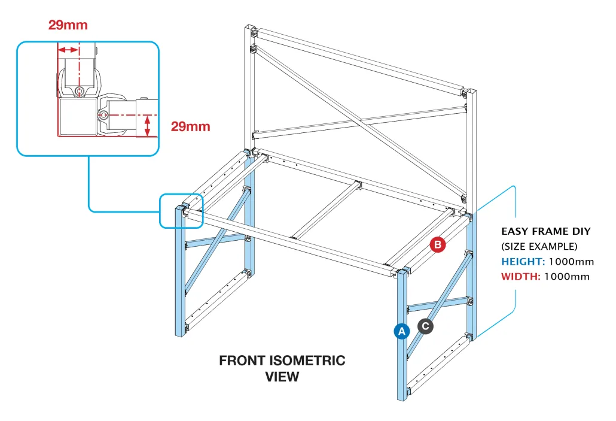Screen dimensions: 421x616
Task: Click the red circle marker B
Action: pyautogui.click(x=438, y=244)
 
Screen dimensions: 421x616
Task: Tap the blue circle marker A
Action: pyautogui.click(x=401, y=331)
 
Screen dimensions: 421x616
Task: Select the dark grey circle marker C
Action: pyautogui.click(x=425, y=326)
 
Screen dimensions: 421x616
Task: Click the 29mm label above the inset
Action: pyautogui.click(x=68, y=25)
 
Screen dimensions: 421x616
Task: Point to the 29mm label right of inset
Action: pyautogui.click(x=190, y=126)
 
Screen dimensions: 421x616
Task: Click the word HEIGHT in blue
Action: pyautogui.click(x=522, y=262)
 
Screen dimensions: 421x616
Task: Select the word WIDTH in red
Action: pyautogui.click(x=520, y=276)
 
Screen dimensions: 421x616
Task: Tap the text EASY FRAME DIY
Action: pyautogui.click(x=545, y=231)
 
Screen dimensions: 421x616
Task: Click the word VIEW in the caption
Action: pyautogui.click(x=282, y=377)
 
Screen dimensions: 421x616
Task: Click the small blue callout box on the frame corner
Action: pyautogui.click(x=181, y=211)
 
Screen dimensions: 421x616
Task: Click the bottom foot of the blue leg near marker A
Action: pyautogui.click(x=401, y=395)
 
